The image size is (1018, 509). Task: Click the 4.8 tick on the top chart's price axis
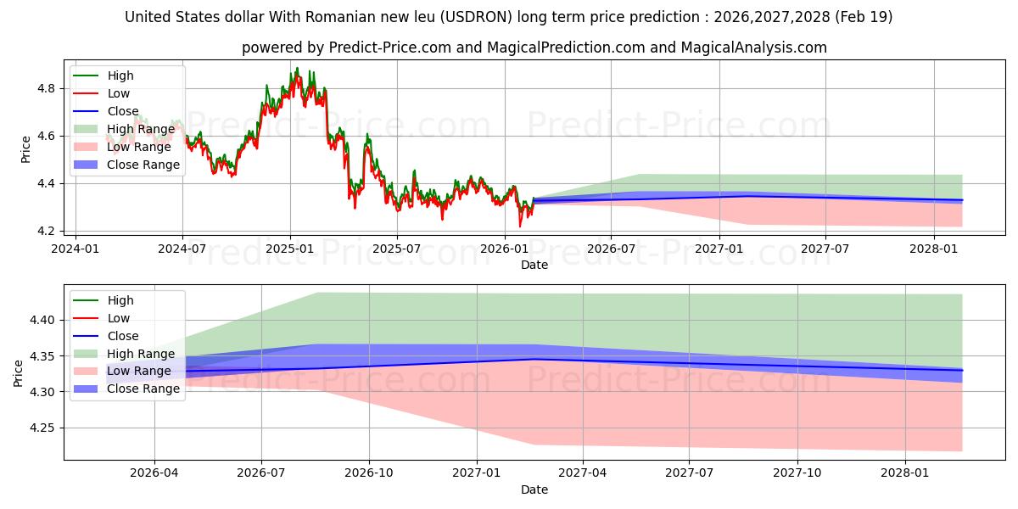point(46,88)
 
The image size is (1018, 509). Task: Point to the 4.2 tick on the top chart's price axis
point(46,232)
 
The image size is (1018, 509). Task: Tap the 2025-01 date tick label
point(290,249)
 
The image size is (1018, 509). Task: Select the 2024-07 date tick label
point(182,249)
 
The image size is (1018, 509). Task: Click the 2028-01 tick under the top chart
point(933,249)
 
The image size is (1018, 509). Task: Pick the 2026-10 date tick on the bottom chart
point(369,473)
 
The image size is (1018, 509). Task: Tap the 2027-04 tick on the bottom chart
point(583,473)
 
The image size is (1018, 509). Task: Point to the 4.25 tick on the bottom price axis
point(42,428)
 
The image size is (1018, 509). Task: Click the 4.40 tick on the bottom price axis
point(42,320)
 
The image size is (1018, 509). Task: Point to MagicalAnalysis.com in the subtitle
point(753,48)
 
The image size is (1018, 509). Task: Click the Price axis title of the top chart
point(25,149)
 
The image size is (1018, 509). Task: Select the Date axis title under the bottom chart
point(534,489)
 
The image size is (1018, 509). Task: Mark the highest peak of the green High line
point(297,68)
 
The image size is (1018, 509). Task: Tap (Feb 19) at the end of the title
point(864,17)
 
